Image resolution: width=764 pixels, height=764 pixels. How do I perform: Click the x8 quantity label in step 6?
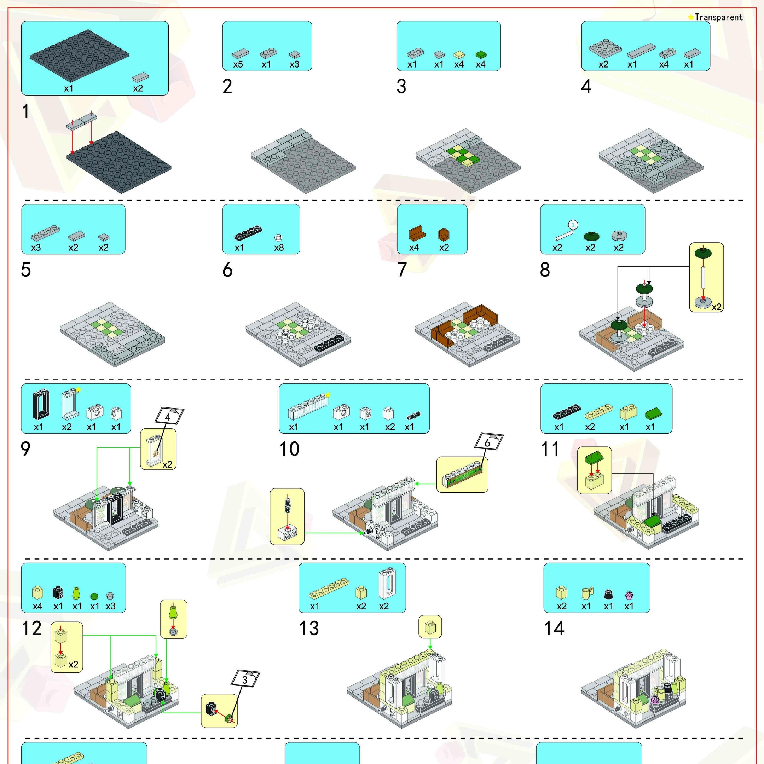[x=279, y=248]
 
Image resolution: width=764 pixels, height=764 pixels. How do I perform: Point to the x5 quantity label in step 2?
[x=238, y=64]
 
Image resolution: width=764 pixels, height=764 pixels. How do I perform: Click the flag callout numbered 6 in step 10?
[x=488, y=442]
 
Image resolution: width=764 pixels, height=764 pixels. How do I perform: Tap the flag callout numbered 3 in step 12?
[x=245, y=679]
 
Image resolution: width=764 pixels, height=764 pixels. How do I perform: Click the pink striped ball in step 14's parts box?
[x=629, y=595]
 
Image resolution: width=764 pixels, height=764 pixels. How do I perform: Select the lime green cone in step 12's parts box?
[x=77, y=593]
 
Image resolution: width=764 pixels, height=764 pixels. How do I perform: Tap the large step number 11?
[x=550, y=449]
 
